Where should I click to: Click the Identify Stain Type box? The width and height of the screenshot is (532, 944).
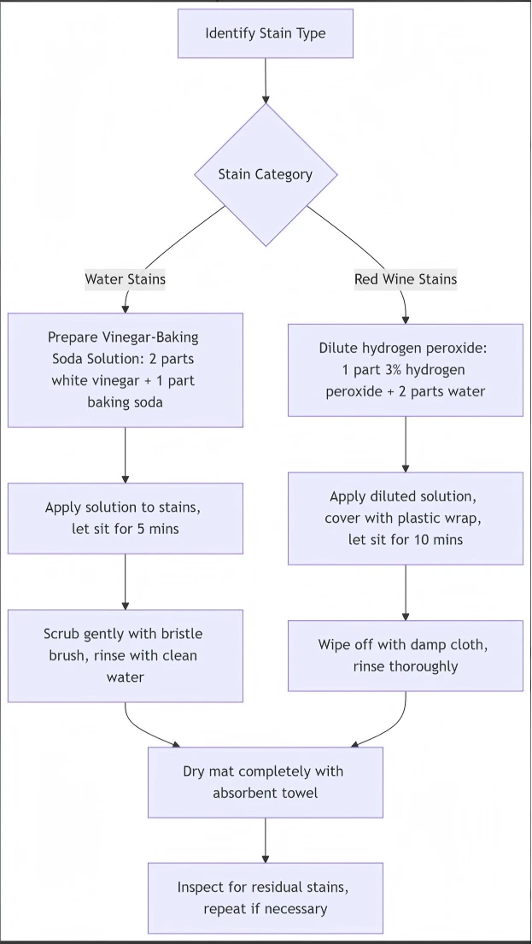point(266,33)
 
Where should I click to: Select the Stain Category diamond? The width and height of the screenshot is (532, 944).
point(266,174)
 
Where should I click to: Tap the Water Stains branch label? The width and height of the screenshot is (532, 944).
point(126,279)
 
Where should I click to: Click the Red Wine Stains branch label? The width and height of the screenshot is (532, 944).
point(406,279)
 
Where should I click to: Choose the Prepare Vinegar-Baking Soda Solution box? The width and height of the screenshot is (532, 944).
point(126,370)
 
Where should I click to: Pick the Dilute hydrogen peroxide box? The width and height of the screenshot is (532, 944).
point(406,370)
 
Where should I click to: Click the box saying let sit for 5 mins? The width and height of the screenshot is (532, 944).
point(126,518)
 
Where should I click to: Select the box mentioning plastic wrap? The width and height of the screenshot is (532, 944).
point(406,519)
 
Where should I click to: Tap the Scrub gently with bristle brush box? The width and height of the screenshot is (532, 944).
point(126,655)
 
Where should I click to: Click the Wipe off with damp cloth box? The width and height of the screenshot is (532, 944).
point(406,655)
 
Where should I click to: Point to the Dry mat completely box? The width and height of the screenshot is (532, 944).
point(266,782)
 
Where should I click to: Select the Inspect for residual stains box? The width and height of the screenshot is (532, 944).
point(266,898)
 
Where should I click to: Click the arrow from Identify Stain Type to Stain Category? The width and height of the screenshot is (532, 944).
point(266,80)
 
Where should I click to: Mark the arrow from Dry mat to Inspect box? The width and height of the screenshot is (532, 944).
point(266,841)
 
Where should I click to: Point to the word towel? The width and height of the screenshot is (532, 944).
point(299,793)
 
